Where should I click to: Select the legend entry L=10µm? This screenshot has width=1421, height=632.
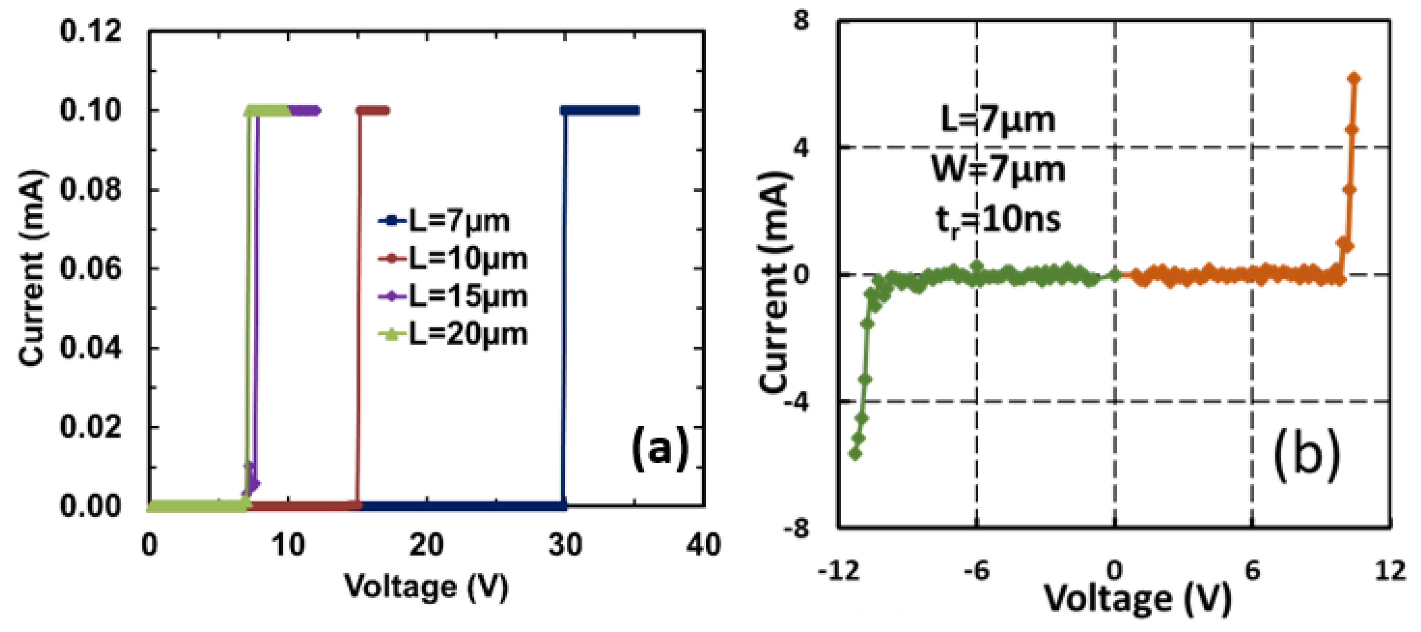[452, 259]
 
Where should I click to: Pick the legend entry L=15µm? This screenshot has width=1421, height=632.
[452, 296]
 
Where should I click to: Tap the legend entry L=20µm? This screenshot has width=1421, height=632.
[452, 334]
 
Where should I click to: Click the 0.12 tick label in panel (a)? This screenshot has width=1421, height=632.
[90, 31]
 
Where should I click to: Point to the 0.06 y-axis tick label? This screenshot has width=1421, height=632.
[90, 269]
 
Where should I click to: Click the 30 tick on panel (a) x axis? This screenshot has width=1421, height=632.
[565, 545]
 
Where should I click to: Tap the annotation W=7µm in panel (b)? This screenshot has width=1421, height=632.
[999, 169]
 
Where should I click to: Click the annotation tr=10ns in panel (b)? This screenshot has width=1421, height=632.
[999, 219]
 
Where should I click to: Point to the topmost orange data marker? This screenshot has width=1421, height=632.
[1354, 79]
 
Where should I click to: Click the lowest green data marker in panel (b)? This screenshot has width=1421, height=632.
[856, 454]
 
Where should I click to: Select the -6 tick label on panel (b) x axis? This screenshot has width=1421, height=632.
[976, 571]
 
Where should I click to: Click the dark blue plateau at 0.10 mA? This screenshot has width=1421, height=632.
[600, 110]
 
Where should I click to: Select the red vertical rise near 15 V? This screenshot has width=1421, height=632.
[358, 309]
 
